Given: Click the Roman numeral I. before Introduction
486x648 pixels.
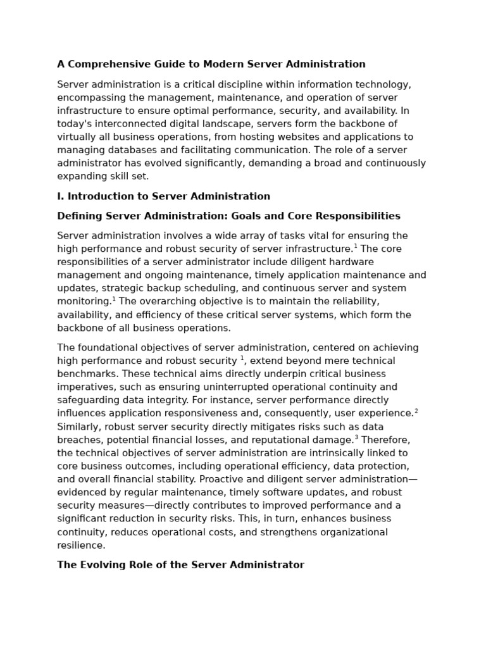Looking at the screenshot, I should click(61, 196).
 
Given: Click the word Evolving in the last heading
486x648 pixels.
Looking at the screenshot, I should click(103, 564).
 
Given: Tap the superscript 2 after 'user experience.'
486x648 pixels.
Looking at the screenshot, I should click(416, 411).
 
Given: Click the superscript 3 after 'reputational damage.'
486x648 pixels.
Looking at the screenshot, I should click(356, 437).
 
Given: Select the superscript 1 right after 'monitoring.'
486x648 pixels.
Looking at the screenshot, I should click(114, 299).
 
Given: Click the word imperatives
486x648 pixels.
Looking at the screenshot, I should click(84, 387).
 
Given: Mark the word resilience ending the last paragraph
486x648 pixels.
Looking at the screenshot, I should click(81, 545).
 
